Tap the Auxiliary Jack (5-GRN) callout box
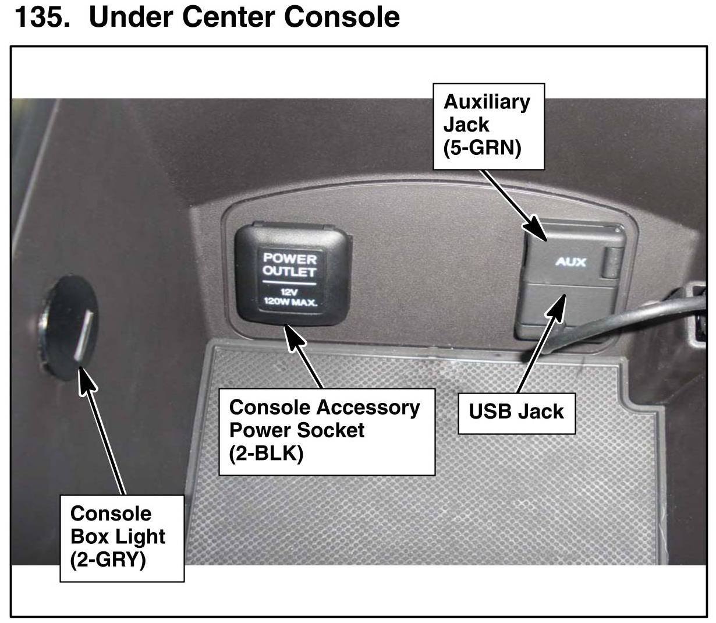pos(488,126)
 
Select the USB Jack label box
pos(516,412)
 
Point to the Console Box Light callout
pos(122,537)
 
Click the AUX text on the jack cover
pos(570,261)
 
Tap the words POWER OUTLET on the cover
pos(289,265)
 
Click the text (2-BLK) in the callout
pos(261,454)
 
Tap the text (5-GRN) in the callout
pos(482,147)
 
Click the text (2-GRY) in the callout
pos(108,560)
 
